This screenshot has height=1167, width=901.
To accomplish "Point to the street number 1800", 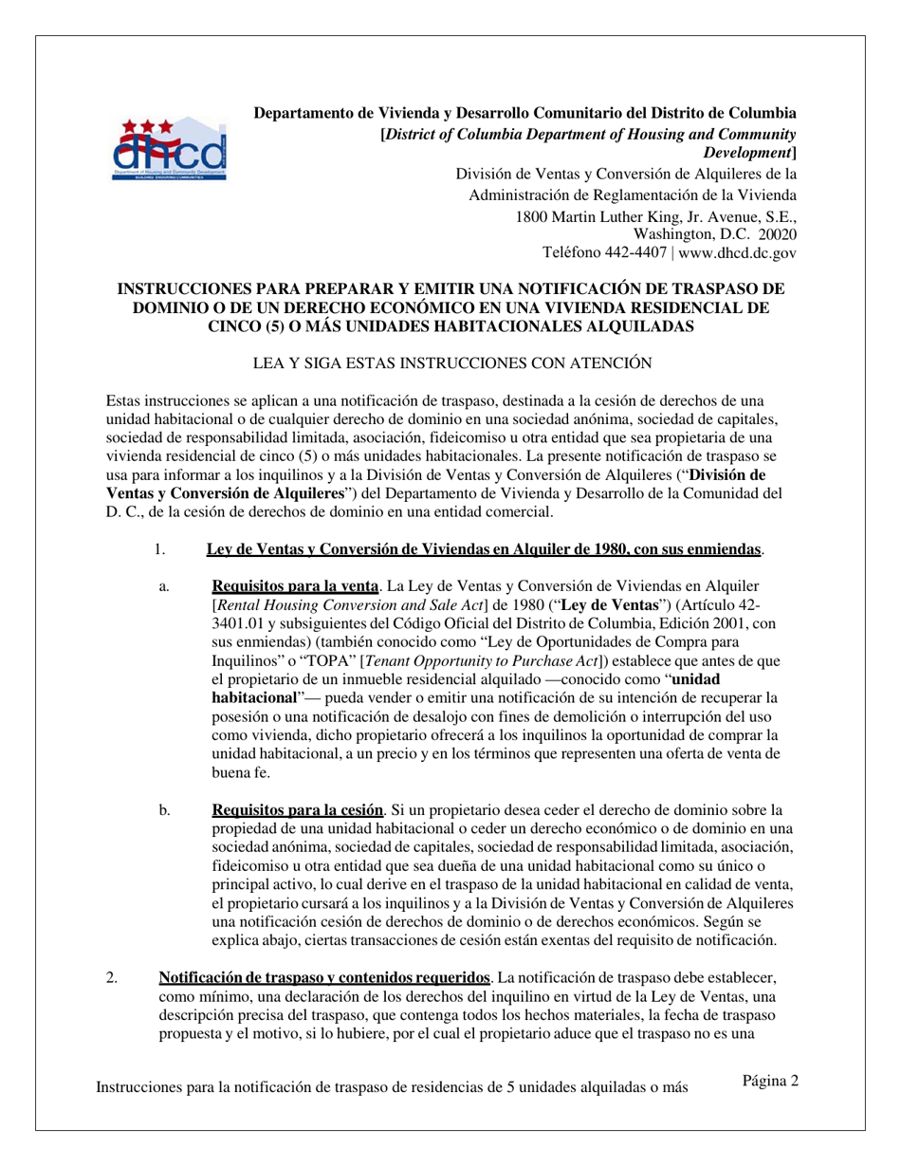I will pos(535,215).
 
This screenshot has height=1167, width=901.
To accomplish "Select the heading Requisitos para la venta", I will pos(294,586).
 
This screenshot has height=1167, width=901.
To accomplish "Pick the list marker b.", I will pos(164,810).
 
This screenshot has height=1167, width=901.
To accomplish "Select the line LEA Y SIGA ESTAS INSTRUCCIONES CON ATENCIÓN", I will pos(450,362).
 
